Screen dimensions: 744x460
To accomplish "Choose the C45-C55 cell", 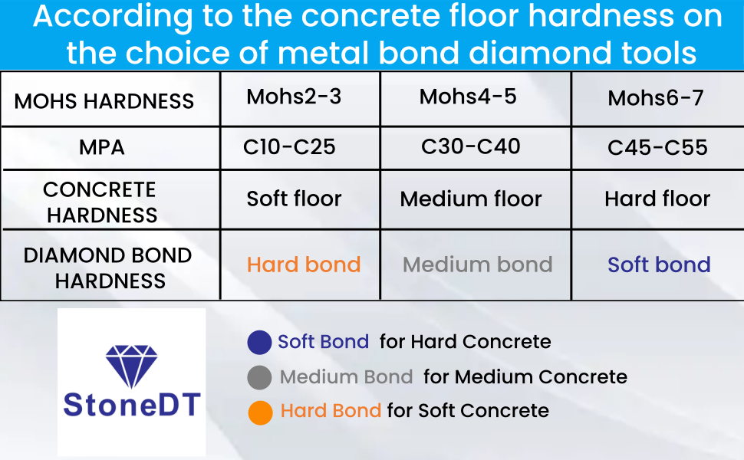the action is coord(657,147).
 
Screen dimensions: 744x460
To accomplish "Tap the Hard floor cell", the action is coord(657,199).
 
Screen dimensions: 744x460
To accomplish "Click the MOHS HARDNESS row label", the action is coord(104,101).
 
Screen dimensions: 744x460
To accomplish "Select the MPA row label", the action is coord(101,147).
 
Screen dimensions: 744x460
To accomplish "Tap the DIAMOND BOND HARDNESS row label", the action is coord(107,268).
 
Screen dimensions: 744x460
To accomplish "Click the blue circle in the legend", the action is coord(259,343).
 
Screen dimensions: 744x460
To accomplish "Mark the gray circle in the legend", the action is coord(259,377).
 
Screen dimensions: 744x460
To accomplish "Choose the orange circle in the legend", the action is coord(261,412).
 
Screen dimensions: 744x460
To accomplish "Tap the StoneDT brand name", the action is coord(132,405).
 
